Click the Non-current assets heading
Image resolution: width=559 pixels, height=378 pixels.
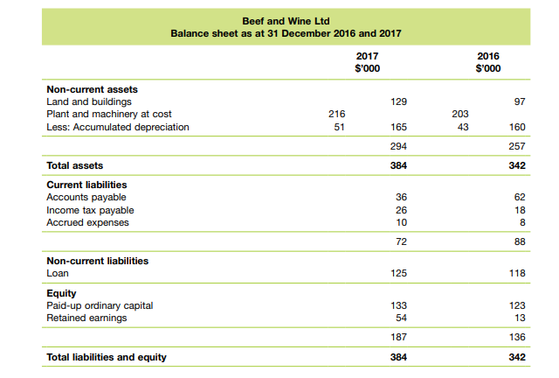tap(92, 90)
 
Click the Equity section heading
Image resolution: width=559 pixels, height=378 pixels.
tap(61, 293)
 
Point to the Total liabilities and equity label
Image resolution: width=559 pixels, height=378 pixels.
tap(106, 357)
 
